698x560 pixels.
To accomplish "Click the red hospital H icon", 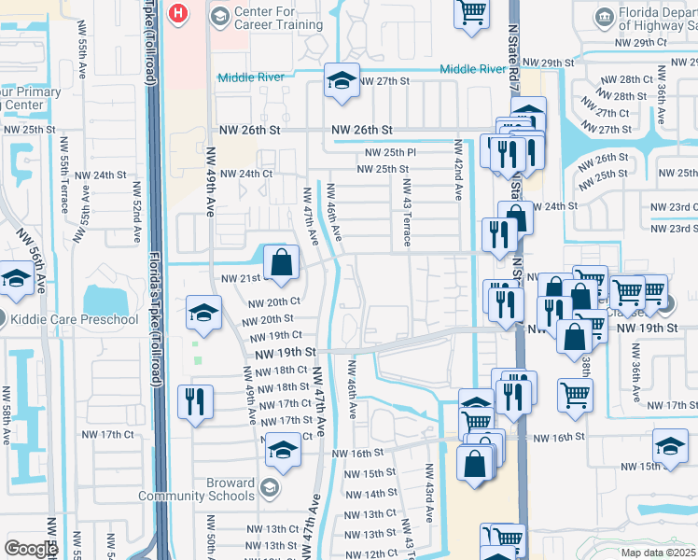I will point(178,14).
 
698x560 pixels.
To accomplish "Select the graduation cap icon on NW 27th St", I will point(342,82).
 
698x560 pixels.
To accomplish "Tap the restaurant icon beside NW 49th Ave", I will point(195,402).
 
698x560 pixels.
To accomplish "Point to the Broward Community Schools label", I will point(196,489).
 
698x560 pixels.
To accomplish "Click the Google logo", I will point(31,549).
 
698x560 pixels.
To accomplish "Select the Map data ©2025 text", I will point(659,553).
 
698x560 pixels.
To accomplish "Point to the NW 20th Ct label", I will point(274,301).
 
